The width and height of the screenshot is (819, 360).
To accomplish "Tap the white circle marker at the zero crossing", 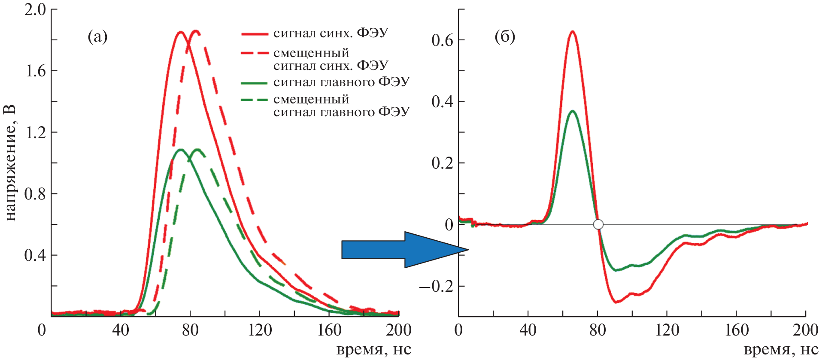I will [x=598, y=224].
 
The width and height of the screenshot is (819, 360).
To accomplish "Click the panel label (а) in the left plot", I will [x=97, y=37].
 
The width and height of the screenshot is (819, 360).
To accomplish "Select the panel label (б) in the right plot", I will [x=505, y=37].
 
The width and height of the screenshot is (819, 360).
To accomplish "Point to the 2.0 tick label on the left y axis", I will [x=35, y=9].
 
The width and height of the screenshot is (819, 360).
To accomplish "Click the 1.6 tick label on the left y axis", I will [x=35, y=71].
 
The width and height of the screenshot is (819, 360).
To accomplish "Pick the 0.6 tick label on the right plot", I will [x=442, y=40].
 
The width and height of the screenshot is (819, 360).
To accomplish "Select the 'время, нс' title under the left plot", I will [x=373, y=350].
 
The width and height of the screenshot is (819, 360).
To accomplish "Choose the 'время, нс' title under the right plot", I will [x=781, y=350].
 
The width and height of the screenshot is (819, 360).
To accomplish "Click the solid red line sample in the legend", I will [x=255, y=33].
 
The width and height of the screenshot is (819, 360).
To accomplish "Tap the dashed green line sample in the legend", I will [x=255, y=100].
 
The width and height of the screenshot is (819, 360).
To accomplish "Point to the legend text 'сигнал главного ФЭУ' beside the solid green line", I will [x=341, y=82].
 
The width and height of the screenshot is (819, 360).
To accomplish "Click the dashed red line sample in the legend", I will [x=255, y=53].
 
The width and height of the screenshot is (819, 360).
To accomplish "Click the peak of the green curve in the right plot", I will [x=572, y=111].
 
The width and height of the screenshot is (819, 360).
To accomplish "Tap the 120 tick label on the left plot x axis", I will [x=260, y=330].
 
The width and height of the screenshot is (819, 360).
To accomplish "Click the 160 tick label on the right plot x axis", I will [x=737, y=330].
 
